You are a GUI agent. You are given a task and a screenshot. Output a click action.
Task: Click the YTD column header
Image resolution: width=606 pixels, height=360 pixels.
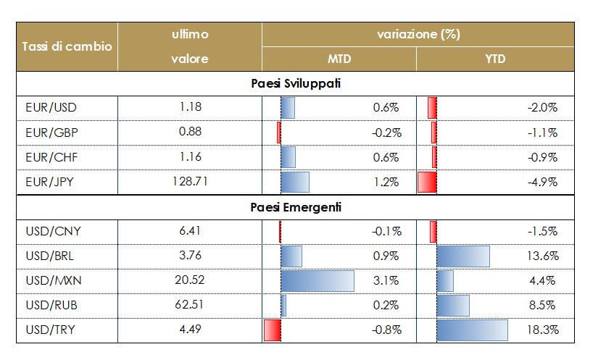[x=495, y=59]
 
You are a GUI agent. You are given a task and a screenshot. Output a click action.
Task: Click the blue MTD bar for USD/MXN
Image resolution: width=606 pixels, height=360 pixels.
[x=317, y=281]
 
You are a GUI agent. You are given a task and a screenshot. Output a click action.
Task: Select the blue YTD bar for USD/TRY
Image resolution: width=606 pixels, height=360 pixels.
[x=472, y=330]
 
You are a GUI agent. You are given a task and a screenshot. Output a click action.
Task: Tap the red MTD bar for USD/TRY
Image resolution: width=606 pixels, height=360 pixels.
[x=272, y=330]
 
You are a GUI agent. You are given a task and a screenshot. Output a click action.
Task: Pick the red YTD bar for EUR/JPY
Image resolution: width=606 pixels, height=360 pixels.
[x=427, y=182]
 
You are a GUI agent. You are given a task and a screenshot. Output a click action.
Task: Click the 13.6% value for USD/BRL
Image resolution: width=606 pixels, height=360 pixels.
[x=542, y=256]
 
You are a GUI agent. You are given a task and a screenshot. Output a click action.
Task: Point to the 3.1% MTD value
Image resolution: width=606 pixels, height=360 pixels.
[x=386, y=281]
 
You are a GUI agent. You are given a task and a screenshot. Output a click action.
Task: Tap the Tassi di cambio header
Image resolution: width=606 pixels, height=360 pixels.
[x=67, y=46]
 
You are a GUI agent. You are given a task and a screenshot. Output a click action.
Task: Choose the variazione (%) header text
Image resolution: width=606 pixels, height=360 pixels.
[x=418, y=34]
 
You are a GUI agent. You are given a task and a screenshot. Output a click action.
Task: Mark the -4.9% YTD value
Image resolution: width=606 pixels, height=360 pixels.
[x=542, y=182]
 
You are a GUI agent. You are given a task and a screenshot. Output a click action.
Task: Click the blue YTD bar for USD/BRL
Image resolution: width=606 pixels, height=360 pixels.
[x=463, y=256]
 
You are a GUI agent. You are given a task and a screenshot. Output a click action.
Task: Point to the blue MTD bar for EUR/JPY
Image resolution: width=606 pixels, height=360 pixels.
[x=294, y=182]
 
